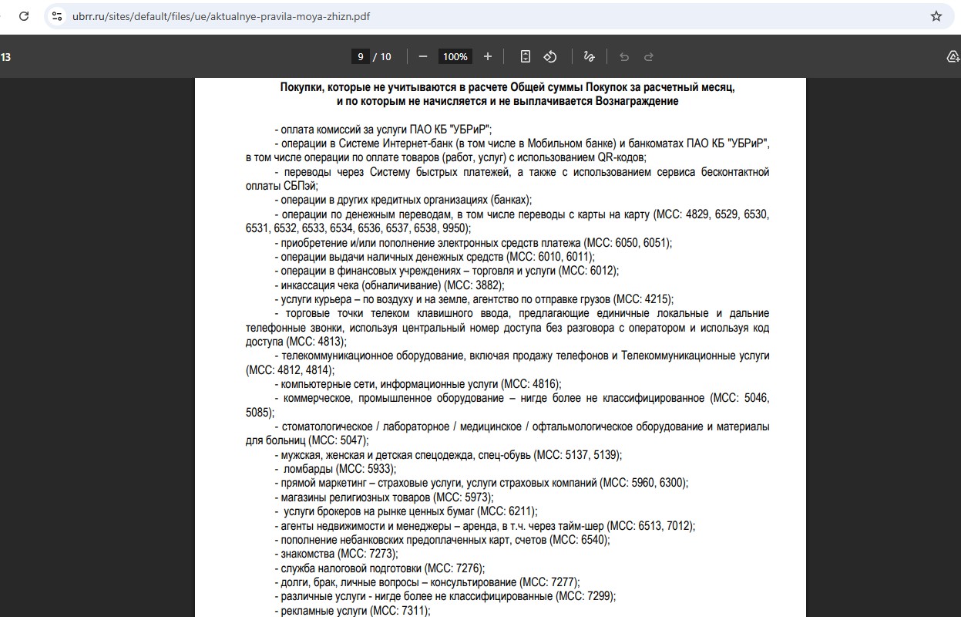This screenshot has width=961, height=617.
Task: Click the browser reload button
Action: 23,16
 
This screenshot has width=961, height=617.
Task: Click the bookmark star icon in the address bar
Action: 936,16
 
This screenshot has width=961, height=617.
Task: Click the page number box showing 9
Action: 360,56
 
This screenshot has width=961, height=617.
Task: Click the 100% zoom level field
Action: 455,56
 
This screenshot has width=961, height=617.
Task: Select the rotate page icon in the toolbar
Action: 550,56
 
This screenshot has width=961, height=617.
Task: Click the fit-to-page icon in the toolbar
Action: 526,56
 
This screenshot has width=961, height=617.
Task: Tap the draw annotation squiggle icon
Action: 590,56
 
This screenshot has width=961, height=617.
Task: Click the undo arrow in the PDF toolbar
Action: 624,56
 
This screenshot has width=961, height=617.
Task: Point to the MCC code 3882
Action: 488,285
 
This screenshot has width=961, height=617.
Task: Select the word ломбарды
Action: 309,469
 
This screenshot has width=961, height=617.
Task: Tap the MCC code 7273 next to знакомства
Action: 381,554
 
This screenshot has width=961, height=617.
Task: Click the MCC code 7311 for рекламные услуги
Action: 413,611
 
